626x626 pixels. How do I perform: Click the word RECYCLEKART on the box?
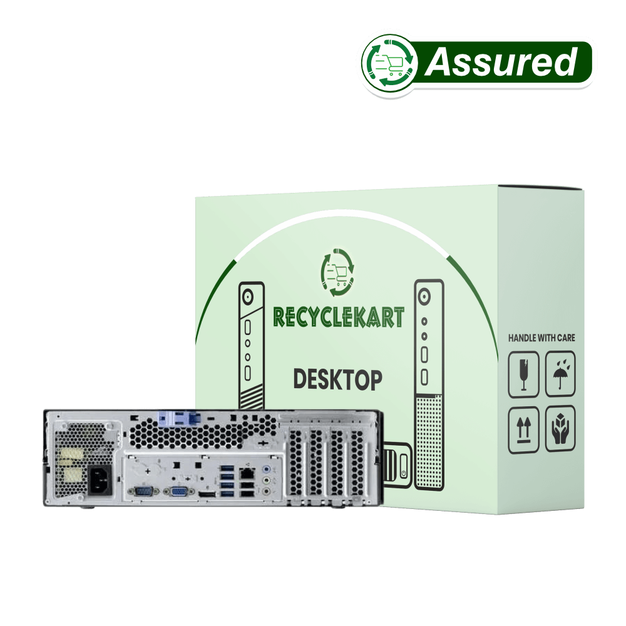(339, 318)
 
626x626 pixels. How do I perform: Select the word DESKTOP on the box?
(337, 379)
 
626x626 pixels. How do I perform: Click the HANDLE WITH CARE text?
(541, 338)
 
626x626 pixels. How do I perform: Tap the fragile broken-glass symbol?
(524, 374)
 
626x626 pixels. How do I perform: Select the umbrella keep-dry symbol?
(560, 374)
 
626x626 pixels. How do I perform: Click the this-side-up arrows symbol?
(524, 428)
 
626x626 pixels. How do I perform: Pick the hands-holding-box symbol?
(560, 428)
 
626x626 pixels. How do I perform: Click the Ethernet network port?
(247, 474)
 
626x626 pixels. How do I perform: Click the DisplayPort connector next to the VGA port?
(207, 495)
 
